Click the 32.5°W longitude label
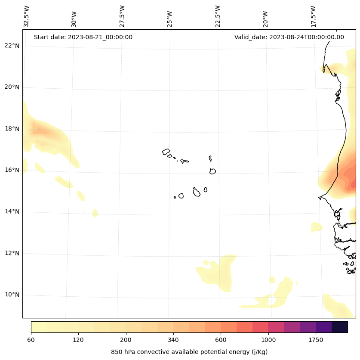27,16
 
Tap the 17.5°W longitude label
314,16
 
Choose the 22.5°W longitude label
218,16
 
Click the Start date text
83,37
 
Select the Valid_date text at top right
289,37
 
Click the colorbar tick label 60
31,340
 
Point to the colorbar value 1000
268,340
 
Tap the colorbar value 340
173,340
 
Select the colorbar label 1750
316,340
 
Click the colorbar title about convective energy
189,352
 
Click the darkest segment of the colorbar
340,327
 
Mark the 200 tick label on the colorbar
126,340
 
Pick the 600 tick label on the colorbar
221,340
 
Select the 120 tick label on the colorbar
78,340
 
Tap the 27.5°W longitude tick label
122,16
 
